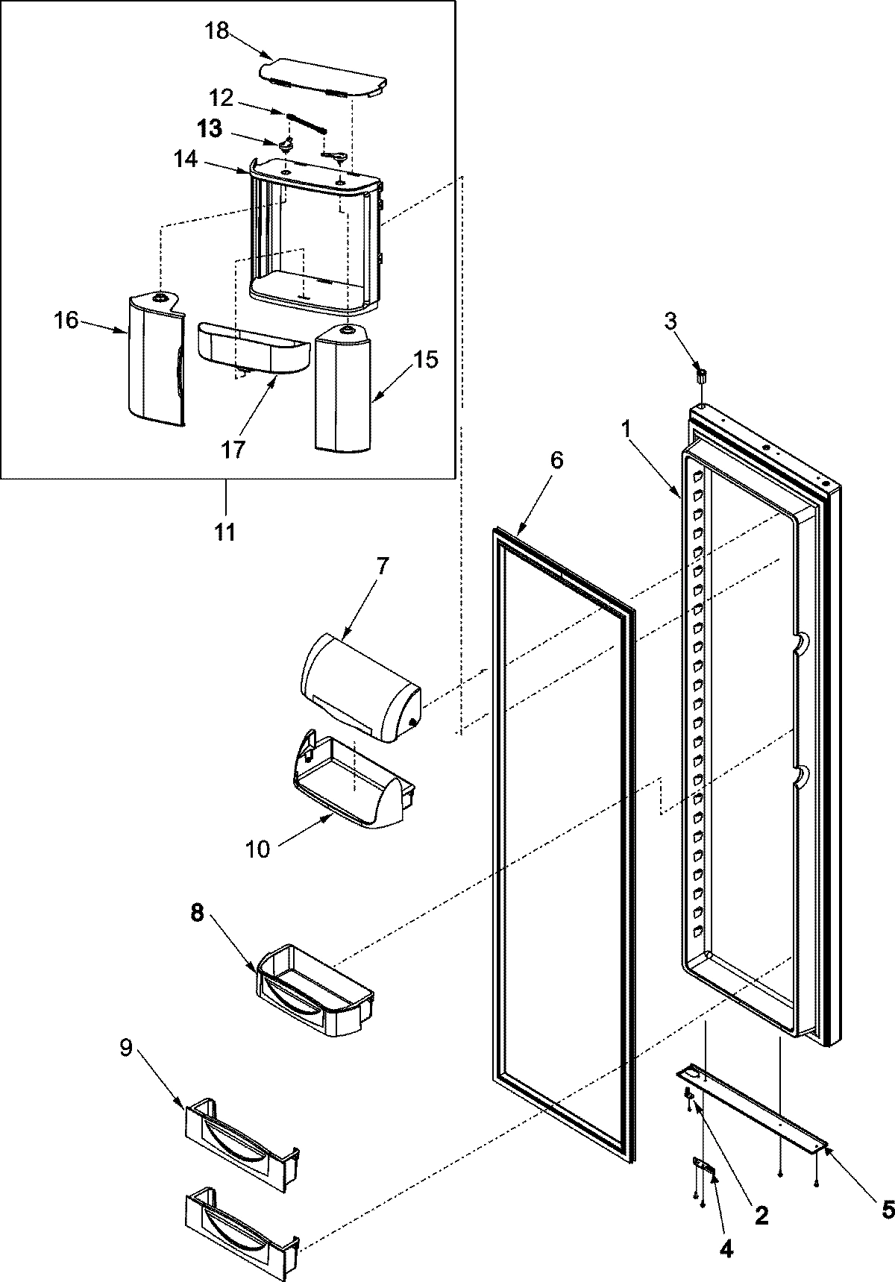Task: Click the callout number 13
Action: (x=210, y=129)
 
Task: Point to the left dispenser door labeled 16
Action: (x=154, y=359)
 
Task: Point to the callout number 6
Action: (x=556, y=460)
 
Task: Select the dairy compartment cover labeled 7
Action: (x=359, y=686)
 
